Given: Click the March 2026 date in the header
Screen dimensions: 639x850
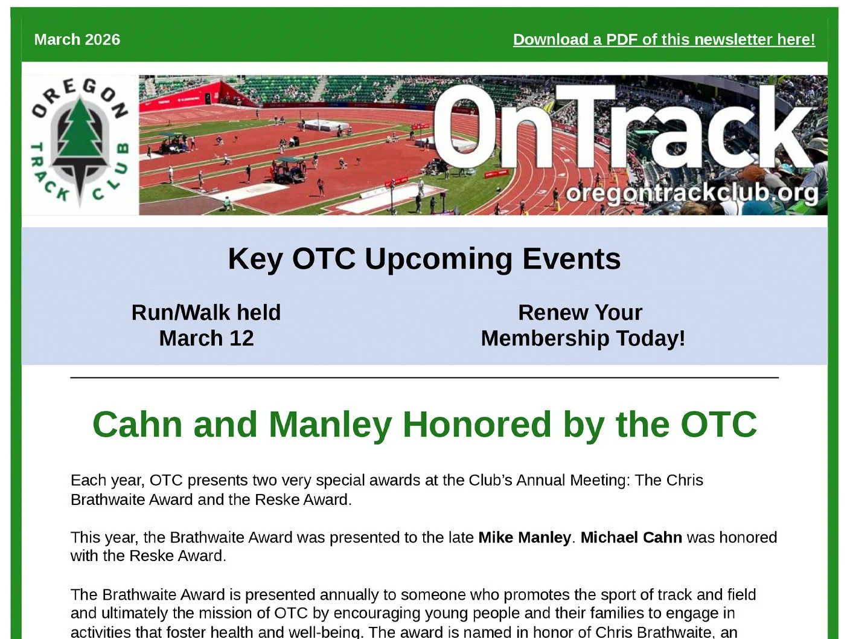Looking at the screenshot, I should (77, 40).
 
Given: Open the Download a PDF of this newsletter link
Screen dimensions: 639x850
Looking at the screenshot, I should (663, 40).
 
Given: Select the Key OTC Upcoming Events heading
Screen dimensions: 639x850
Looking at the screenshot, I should (424, 259).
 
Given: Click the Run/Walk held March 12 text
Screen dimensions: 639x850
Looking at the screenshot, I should (206, 326).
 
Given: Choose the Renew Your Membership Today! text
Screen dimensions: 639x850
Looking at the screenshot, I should (583, 326).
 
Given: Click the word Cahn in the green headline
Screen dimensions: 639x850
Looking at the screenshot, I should (137, 424).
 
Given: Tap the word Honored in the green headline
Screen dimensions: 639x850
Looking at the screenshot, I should (477, 424).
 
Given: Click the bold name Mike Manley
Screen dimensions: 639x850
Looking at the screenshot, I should (524, 538).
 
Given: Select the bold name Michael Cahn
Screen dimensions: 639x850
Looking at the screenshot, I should (631, 538).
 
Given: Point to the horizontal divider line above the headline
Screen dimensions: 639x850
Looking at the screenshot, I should (424, 377).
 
